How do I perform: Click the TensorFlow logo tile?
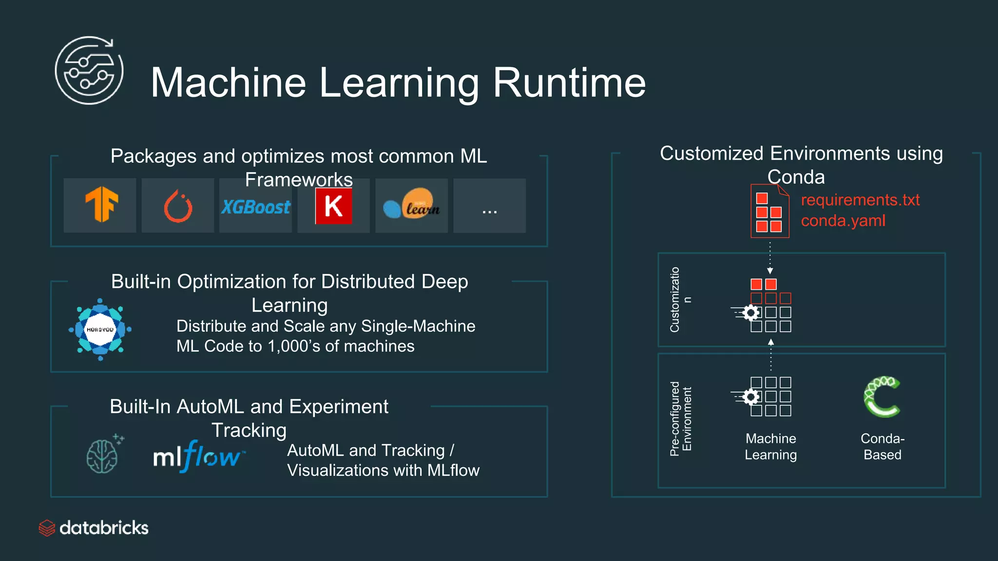tap(100, 205)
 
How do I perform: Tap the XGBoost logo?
tap(256, 207)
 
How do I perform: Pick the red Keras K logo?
tap(334, 206)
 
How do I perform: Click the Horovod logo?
tap(100, 330)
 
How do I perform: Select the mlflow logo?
tap(199, 456)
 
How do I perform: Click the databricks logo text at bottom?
tap(103, 528)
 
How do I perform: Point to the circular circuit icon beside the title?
tap(89, 71)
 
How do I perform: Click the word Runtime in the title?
tap(569, 83)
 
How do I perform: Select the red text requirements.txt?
tap(860, 200)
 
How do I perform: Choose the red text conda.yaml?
tap(843, 221)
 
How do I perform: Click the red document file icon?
tap(769, 211)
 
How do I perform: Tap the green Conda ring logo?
tap(882, 396)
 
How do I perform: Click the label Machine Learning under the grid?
tap(770, 447)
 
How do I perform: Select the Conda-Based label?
tap(883, 447)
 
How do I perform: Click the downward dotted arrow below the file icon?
tap(770, 258)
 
